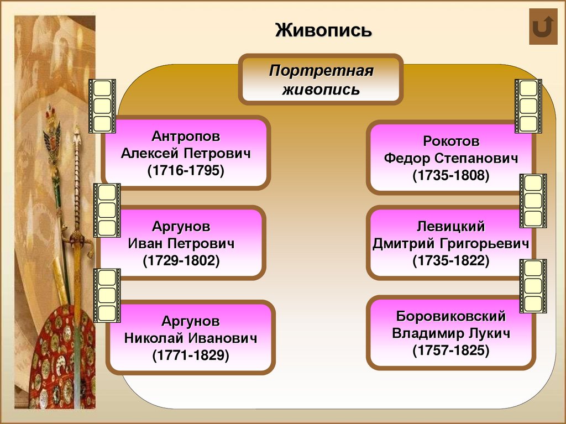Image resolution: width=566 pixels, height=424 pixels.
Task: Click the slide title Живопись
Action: pyautogui.click(x=324, y=29)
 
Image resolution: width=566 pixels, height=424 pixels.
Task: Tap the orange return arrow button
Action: pyautogui.click(x=543, y=27)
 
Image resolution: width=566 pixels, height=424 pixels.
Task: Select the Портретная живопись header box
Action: pyautogui.click(x=321, y=80)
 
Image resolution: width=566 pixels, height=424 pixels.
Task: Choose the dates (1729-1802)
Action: pyautogui.click(x=181, y=261)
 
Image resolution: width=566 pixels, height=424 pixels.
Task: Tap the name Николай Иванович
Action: pyautogui.click(x=191, y=338)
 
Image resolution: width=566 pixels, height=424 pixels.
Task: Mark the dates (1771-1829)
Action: pyautogui.click(x=191, y=355)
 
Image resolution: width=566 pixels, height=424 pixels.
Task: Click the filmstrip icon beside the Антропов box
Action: pyautogui.click(x=102, y=106)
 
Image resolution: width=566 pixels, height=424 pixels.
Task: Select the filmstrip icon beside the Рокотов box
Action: pyautogui.click(x=528, y=106)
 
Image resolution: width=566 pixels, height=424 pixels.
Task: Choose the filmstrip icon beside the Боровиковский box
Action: pyautogui.click(x=533, y=286)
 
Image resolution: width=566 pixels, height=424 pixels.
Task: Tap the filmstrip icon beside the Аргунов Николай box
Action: pyautogui.click(x=107, y=296)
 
